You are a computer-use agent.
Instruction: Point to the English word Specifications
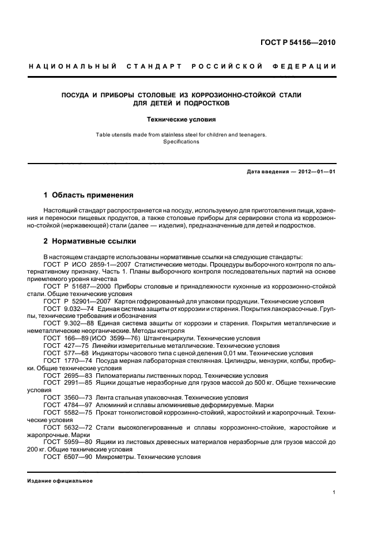point(181,142)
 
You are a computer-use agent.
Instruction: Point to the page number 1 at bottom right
point(334,493)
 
